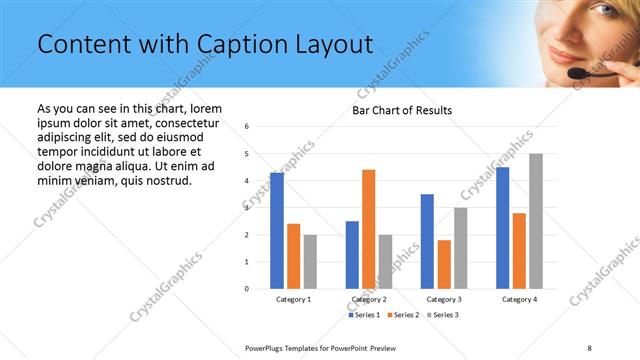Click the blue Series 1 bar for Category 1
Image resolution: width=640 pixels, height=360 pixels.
pos(277,231)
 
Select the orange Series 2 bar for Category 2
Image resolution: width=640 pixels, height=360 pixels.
pos(369,229)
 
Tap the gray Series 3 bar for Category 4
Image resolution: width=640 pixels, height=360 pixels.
pos(536,221)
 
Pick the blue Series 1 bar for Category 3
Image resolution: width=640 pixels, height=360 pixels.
pos(427,241)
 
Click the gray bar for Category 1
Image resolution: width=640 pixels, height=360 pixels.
pos(310,261)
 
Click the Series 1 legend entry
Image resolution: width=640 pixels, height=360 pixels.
pos(363,315)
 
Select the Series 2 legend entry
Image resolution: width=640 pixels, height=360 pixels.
pos(405,315)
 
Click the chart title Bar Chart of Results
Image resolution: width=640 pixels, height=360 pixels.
pos(402,110)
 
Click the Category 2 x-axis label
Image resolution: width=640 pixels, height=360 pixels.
pos(368,299)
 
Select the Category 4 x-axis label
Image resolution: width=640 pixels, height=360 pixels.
pos(518,299)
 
